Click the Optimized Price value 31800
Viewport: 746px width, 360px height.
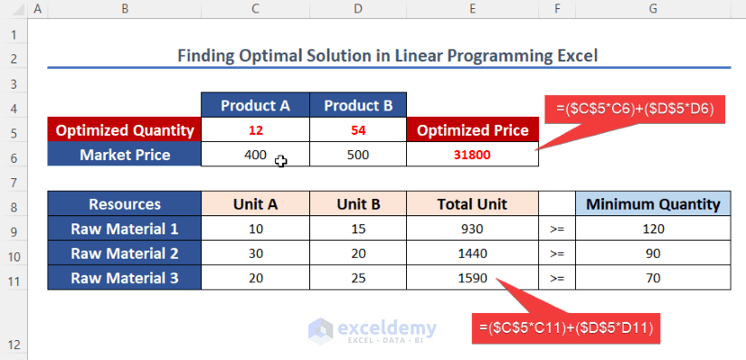pyautogui.click(x=472, y=155)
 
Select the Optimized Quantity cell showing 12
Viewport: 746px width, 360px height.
pyautogui.click(x=256, y=130)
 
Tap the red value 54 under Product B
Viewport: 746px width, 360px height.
pyautogui.click(x=358, y=130)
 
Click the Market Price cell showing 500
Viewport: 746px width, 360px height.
pyautogui.click(x=358, y=155)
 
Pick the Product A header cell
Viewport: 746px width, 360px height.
pyautogui.click(x=256, y=105)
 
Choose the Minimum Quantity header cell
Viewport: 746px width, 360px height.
pyautogui.click(x=653, y=204)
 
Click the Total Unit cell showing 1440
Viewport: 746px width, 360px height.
pyautogui.click(x=472, y=253)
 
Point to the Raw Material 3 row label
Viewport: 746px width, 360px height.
pyautogui.click(x=125, y=278)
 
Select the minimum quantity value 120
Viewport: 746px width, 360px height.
pyautogui.click(x=653, y=229)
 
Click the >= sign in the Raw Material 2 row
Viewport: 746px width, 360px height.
pyautogui.click(x=557, y=253)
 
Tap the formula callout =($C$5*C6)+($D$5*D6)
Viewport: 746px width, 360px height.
pyautogui.click(x=635, y=109)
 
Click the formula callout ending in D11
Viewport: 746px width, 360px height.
pyautogui.click(x=566, y=328)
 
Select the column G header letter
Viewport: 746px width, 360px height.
pyautogui.click(x=653, y=8)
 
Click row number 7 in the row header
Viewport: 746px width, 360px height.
pyautogui.click(x=14, y=183)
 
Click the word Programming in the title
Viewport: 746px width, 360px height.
pyautogui.click(x=471, y=56)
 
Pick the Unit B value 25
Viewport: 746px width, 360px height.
pyautogui.click(x=358, y=278)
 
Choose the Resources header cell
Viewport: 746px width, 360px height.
pyautogui.click(x=125, y=204)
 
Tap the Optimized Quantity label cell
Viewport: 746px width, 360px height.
pyautogui.click(x=125, y=130)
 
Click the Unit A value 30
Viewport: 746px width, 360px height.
pyautogui.click(x=256, y=253)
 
